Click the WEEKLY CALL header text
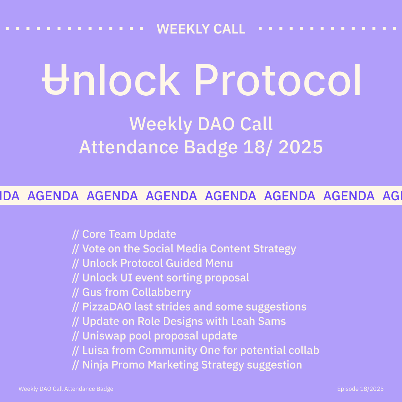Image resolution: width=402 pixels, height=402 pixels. (201, 29)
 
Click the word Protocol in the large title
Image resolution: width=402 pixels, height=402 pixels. (278, 80)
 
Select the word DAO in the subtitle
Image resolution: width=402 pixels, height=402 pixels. (216, 124)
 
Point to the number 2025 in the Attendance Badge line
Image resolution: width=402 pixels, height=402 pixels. (300, 147)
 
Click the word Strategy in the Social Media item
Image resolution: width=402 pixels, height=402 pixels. (275, 249)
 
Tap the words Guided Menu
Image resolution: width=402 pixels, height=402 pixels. (199, 263)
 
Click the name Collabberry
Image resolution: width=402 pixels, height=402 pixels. (161, 293)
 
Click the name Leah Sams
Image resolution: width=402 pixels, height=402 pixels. (258, 322)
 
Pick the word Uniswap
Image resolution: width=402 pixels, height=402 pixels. (104, 336)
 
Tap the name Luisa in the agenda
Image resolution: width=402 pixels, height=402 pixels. (95, 351)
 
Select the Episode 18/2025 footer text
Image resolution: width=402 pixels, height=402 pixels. (360, 389)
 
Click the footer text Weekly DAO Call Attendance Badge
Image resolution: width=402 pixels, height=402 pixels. (66, 389)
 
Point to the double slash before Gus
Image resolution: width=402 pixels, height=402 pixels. (75, 293)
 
